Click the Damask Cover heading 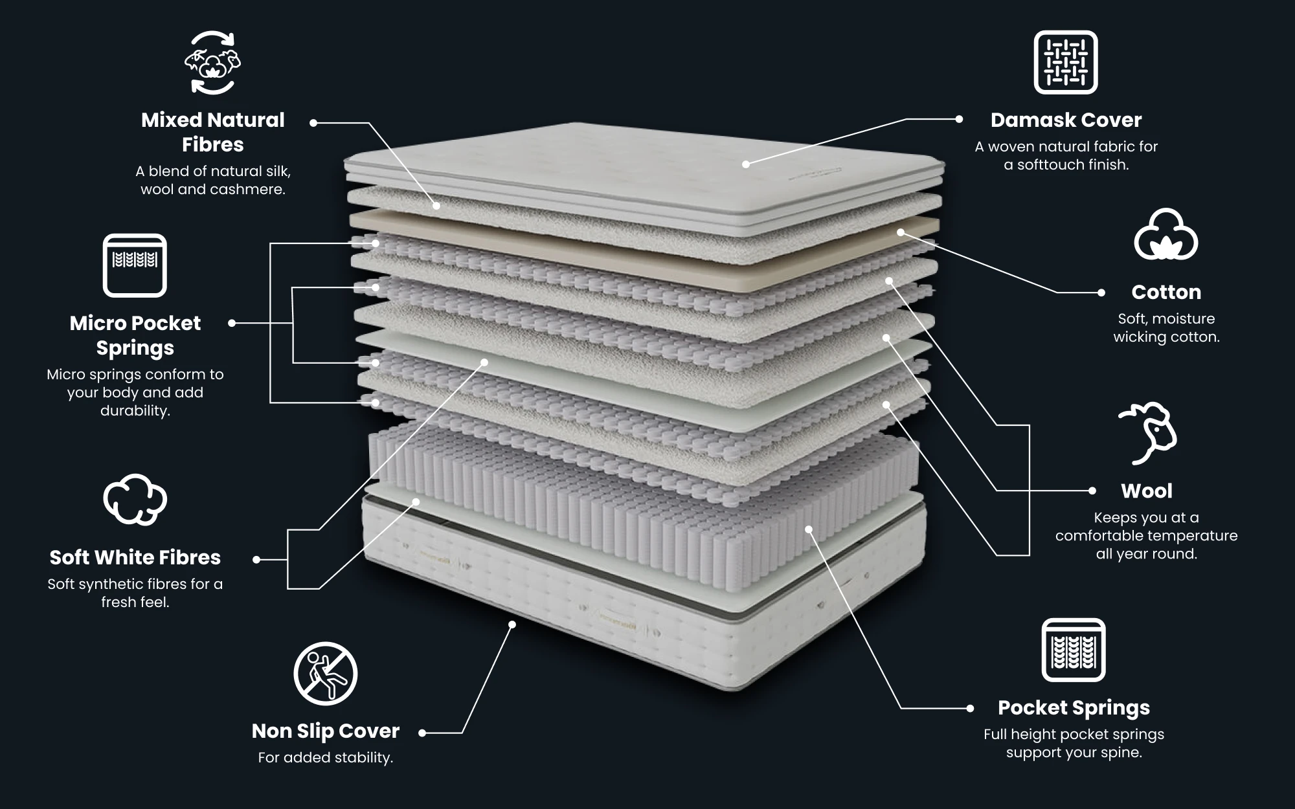tap(1066, 120)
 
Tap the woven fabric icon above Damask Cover tap(1065, 62)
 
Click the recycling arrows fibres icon tap(212, 63)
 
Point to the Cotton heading tap(1165, 292)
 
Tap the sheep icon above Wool tap(1147, 433)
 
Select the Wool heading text tap(1146, 491)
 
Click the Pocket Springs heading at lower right tap(1074, 707)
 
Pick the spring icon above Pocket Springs tap(1073, 650)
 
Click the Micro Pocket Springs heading tap(135, 335)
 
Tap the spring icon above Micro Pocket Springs tap(135, 265)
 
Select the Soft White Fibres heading tap(135, 557)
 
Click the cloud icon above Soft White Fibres tap(135, 499)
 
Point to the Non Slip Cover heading tap(325, 731)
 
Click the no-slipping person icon tap(325, 673)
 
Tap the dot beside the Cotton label tap(1101, 293)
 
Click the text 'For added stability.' tap(325, 757)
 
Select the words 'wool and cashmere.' tap(212, 190)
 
